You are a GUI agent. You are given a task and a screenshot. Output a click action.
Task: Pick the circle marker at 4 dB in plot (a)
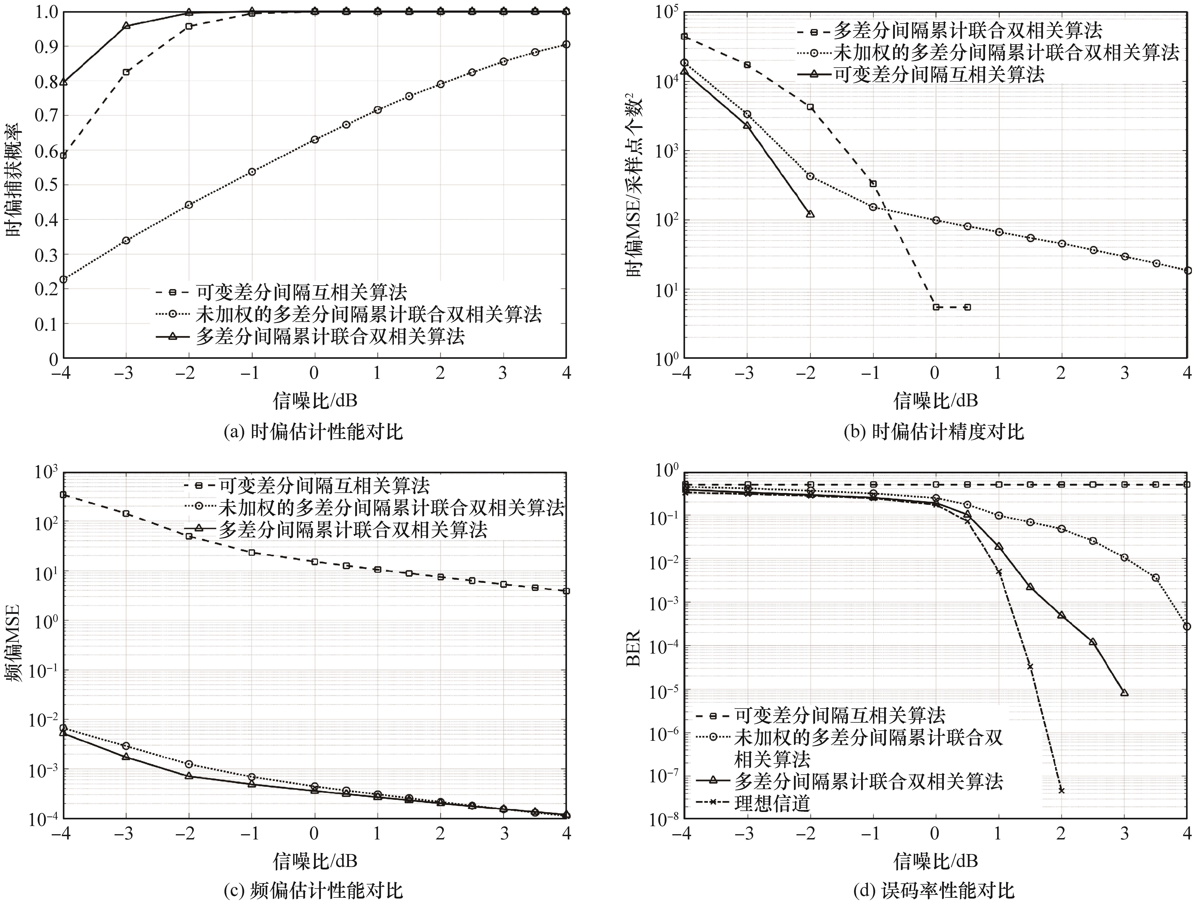click(x=566, y=44)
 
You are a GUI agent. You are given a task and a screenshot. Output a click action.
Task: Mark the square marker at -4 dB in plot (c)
click(x=63, y=495)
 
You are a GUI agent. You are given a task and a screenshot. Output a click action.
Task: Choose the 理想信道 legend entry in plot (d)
click(x=772, y=804)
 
